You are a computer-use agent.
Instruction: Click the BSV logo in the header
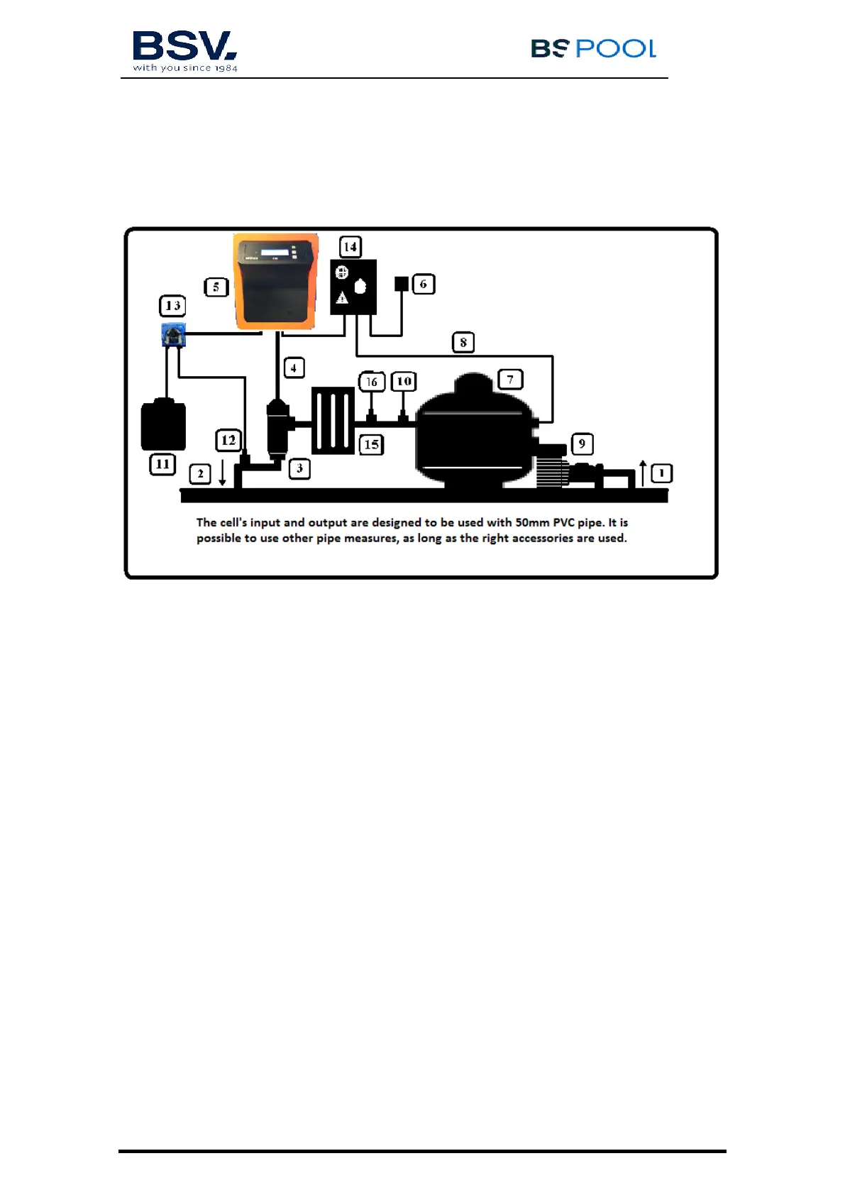click(x=184, y=50)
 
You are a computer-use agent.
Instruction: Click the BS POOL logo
click(x=593, y=48)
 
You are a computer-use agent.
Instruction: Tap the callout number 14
click(x=350, y=247)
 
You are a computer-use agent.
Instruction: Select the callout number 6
click(x=424, y=285)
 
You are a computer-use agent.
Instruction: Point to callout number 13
click(x=172, y=306)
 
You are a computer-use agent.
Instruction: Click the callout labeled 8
click(x=463, y=343)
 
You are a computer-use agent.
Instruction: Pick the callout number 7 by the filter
click(x=510, y=380)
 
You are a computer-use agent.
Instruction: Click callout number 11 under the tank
click(x=162, y=464)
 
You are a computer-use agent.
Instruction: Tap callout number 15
click(x=371, y=445)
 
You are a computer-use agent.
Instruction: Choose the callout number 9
click(x=582, y=444)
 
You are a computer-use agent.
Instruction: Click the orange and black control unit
click(x=275, y=282)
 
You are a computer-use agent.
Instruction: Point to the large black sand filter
click(x=474, y=434)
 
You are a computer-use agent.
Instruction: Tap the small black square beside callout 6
click(x=402, y=284)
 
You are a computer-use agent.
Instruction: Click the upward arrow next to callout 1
click(x=643, y=473)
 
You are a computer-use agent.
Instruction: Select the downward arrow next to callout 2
click(x=222, y=473)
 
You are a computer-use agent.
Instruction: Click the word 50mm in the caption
click(x=532, y=522)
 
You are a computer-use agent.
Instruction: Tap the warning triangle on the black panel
click(x=342, y=297)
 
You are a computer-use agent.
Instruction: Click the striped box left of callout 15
click(x=333, y=420)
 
